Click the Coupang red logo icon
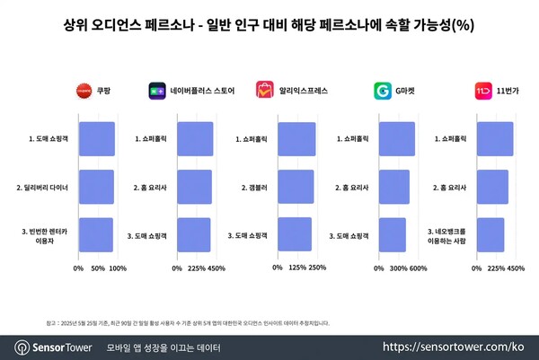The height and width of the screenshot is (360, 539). coord(84,90)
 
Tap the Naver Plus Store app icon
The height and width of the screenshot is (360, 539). coord(158,90)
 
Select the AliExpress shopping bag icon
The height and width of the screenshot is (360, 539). coord(265,90)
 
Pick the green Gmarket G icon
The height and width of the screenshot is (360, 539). coord(381,90)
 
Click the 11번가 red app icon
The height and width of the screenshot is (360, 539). coord(482,90)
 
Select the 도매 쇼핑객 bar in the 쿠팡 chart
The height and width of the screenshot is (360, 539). coord(97,139)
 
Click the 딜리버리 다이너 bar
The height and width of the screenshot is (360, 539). coord(96,187)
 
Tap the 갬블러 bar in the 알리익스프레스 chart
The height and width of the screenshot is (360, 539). coord(285,187)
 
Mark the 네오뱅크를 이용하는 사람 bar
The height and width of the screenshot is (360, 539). coord(490,234)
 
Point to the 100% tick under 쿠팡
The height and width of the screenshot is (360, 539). coord(118,268)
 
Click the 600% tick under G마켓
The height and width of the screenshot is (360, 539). coord(418,268)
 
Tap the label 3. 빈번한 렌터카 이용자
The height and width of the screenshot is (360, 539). coord(50,235)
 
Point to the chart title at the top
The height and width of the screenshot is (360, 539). coord(269,22)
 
